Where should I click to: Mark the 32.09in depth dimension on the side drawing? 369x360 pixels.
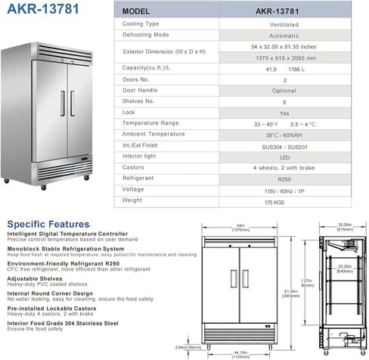(x=343, y=225)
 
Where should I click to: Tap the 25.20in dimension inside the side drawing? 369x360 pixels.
(x=343, y=268)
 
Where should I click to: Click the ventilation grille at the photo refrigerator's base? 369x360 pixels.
(x=67, y=166)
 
